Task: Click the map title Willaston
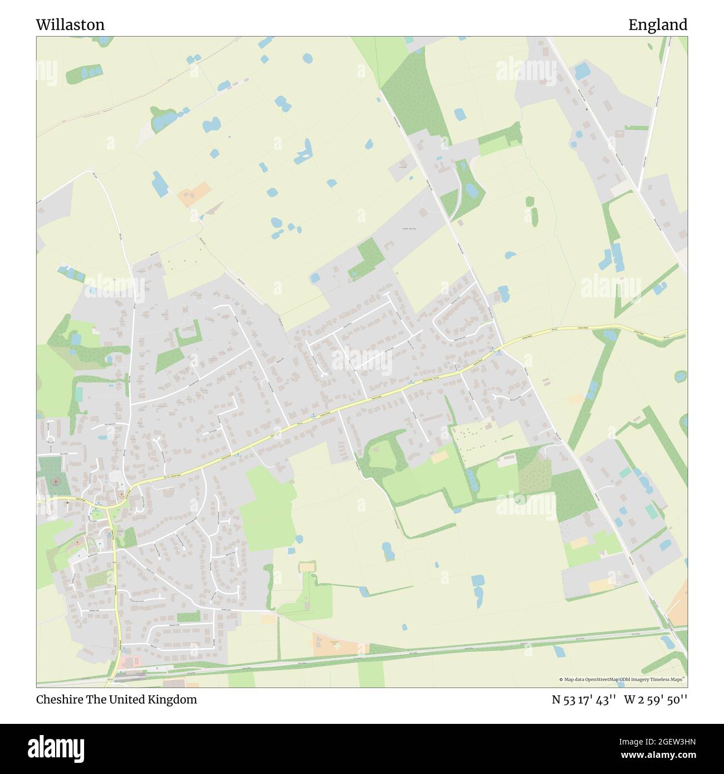coord(70,25)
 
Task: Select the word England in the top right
coord(658,25)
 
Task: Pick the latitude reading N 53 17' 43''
coord(584,699)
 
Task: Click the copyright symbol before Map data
coord(561,679)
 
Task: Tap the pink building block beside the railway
coord(130,662)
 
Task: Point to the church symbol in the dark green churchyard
coord(56,479)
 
